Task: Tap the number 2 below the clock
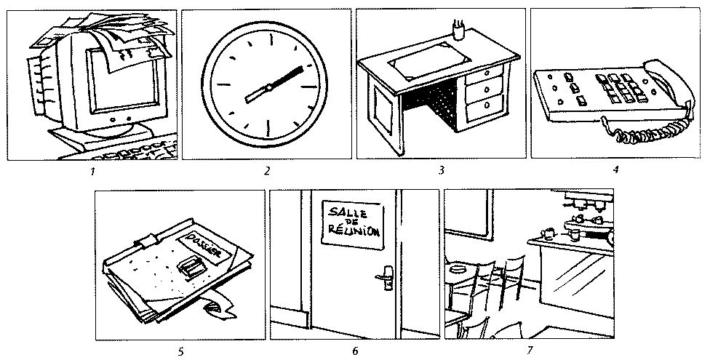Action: (267, 172)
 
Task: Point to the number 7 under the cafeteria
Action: (530, 352)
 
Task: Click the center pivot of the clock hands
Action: (268, 87)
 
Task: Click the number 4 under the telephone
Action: (615, 172)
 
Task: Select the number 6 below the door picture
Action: (355, 352)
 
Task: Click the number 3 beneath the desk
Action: (441, 172)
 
